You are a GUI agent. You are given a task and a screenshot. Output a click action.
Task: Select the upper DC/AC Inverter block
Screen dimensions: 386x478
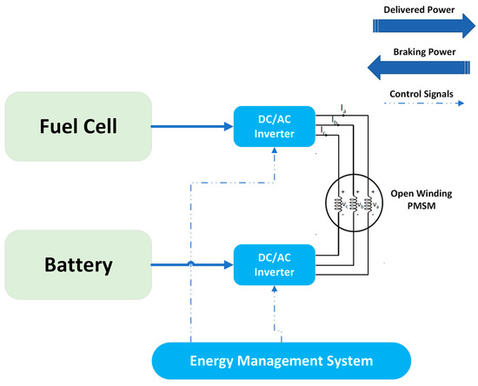coord(275,128)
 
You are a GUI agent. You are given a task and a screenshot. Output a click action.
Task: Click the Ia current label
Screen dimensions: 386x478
coord(344,109)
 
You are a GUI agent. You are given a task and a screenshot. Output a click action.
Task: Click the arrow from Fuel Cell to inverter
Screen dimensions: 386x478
coord(191,128)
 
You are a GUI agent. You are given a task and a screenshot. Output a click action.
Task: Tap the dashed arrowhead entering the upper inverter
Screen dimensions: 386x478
coord(275,152)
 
